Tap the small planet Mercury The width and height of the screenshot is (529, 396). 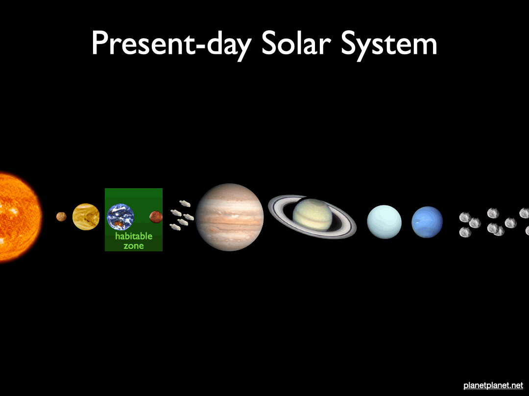[61, 217]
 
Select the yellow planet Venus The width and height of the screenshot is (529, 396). [86, 217]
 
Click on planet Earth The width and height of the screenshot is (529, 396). [120, 217]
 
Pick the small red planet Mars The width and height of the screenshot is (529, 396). [156, 217]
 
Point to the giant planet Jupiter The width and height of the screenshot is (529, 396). [229, 217]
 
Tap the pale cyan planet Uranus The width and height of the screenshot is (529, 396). [384, 221]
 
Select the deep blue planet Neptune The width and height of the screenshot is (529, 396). [427, 222]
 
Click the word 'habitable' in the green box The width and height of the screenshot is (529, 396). [134, 236]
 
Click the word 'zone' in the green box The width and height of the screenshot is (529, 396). [134, 246]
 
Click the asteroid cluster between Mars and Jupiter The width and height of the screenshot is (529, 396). [182, 215]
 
